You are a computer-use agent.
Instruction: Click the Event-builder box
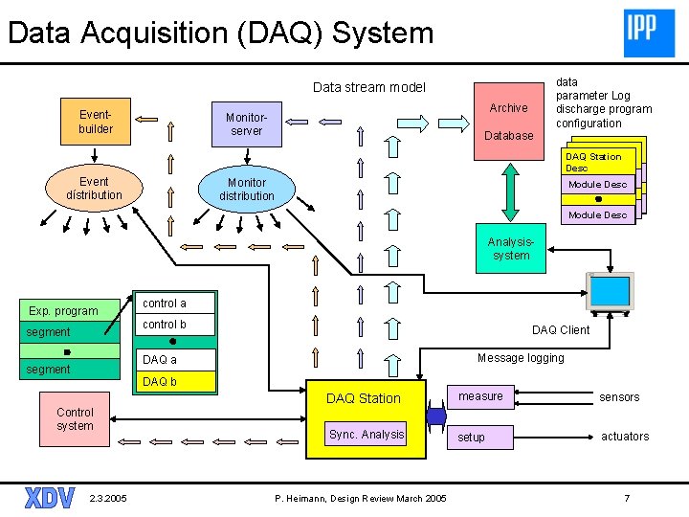click(x=96, y=122)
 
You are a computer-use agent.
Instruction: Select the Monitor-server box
click(x=247, y=124)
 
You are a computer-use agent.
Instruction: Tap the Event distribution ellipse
click(x=94, y=189)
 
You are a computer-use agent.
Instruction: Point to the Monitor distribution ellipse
click(x=247, y=189)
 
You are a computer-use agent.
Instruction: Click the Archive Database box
click(x=509, y=122)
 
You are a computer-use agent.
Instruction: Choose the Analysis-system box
click(x=511, y=248)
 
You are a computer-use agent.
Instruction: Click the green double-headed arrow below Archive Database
click(x=510, y=192)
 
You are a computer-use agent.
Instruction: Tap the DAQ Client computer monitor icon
click(x=611, y=293)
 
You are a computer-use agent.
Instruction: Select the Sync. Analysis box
click(x=366, y=434)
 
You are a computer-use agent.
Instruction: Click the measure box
click(x=480, y=397)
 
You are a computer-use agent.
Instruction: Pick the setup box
click(x=480, y=438)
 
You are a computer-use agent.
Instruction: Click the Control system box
click(x=75, y=419)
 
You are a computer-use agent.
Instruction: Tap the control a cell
click(x=175, y=303)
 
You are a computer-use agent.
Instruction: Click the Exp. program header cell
click(x=70, y=310)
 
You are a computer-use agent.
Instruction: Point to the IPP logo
click(x=649, y=34)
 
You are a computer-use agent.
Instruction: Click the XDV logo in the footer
click(x=50, y=498)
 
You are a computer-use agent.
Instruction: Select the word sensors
click(x=619, y=397)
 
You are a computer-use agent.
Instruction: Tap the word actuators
click(x=625, y=437)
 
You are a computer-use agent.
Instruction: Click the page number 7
click(x=627, y=498)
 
